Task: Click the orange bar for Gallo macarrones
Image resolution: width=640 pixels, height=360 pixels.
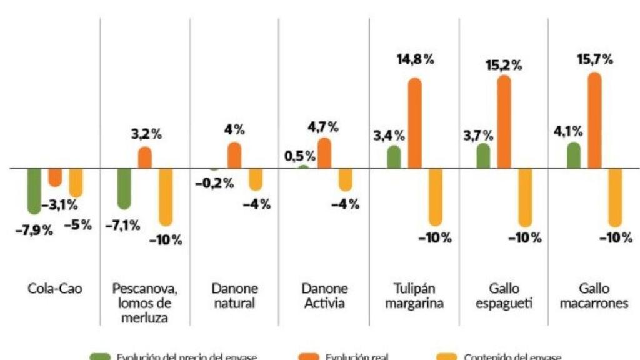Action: pyautogui.click(x=594, y=120)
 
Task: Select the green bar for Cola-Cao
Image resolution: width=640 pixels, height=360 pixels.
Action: pyautogui.click(x=34, y=191)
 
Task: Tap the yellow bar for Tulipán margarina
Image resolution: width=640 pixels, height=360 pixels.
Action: pyautogui.click(x=435, y=196)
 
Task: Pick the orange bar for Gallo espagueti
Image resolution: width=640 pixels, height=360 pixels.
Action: pyautogui.click(x=504, y=122)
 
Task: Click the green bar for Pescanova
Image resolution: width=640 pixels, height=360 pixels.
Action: pyautogui.click(x=124, y=188)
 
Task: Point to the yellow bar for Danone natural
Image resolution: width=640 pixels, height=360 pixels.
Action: pyautogui.click(x=256, y=179)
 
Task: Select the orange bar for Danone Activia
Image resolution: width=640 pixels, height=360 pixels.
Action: pyautogui.click(x=324, y=153)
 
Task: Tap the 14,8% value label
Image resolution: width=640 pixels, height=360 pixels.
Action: pyautogui.click(x=415, y=60)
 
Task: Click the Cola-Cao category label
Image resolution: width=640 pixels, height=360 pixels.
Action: pyautogui.click(x=55, y=289)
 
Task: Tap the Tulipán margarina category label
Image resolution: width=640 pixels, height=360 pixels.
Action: pyautogui.click(x=414, y=296)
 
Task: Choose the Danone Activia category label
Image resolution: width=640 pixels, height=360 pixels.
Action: pyautogui.click(x=324, y=296)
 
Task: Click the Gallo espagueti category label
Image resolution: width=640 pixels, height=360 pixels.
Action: pyautogui.click(x=503, y=296)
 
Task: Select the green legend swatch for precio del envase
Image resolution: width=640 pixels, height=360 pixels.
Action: pyautogui.click(x=100, y=356)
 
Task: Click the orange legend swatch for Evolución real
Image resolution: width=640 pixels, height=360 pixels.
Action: pyautogui.click(x=310, y=356)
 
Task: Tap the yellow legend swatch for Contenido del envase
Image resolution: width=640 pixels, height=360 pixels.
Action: pyautogui.click(x=447, y=356)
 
